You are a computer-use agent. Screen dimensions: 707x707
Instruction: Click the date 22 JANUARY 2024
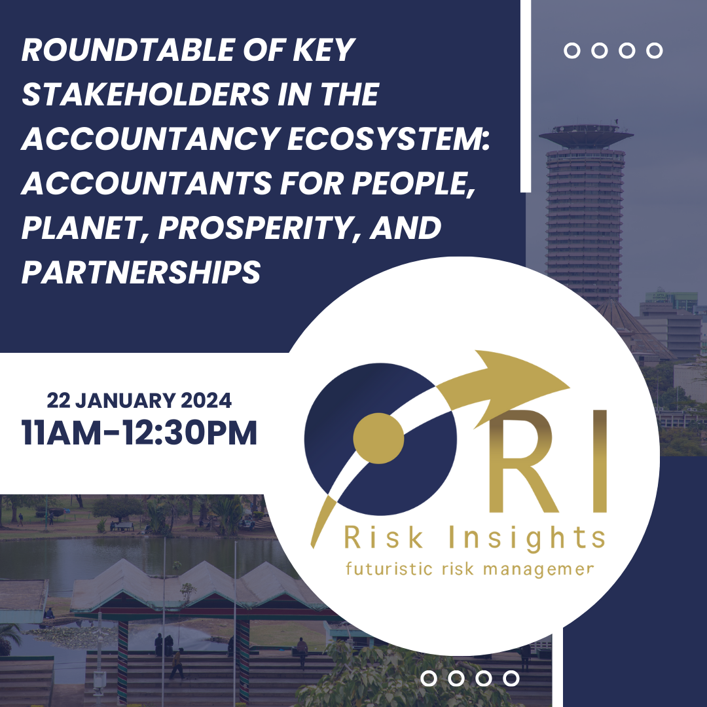click(x=139, y=401)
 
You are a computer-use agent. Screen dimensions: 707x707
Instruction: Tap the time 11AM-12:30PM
click(x=139, y=433)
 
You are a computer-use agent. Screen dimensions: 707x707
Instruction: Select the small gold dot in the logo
click(x=378, y=437)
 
